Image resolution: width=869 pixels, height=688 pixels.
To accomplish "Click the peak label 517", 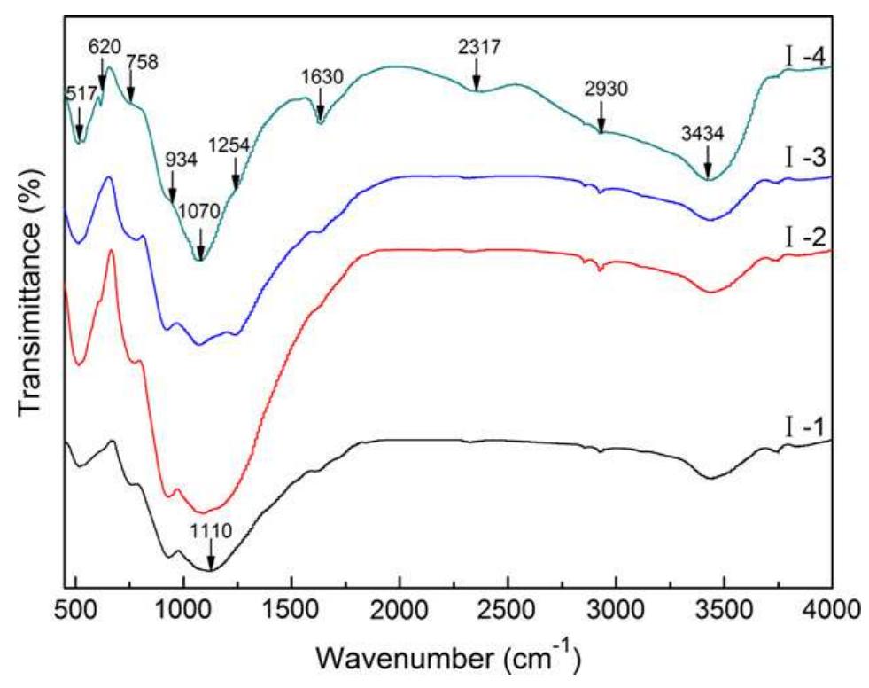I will (81, 94).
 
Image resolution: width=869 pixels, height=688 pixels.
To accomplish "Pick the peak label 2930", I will (601, 90).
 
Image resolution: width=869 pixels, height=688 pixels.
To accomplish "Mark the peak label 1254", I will (229, 144).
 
